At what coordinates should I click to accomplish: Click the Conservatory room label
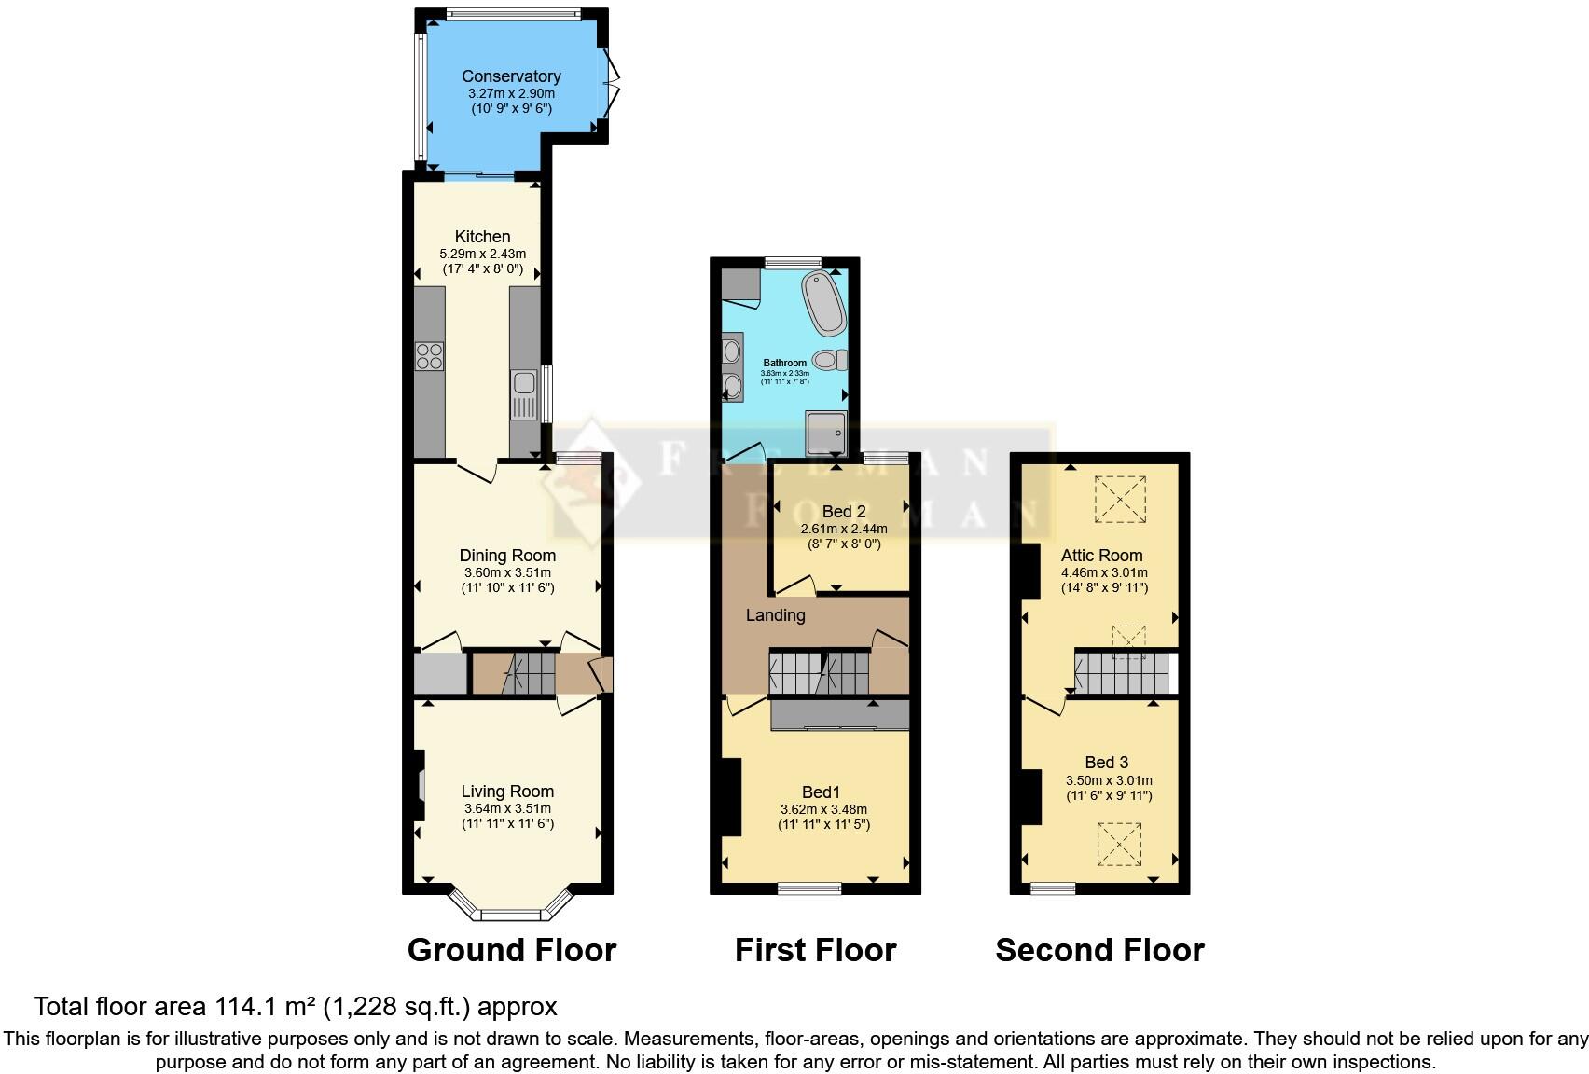511,76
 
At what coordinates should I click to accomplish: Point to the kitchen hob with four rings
430,356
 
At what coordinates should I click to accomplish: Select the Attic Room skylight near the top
1120,499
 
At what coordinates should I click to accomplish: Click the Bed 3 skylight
1120,845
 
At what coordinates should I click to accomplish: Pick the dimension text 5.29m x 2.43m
482,254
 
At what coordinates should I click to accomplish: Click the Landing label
775,615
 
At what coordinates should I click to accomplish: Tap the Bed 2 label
844,512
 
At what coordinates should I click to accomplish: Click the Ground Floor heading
512,950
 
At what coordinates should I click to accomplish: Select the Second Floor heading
1099,950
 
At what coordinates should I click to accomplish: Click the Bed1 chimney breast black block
731,797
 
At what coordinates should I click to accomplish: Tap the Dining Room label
507,556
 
